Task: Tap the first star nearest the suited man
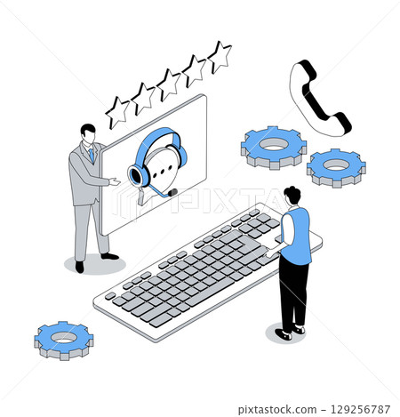[x=116, y=111]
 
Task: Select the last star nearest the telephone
[x=218, y=56]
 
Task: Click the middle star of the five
[x=168, y=84]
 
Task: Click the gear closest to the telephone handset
[x=336, y=165]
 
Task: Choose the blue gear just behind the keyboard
[x=273, y=145]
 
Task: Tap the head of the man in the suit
[x=87, y=133]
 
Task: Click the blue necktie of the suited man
[x=91, y=156]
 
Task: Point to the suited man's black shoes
[x=93, y=261]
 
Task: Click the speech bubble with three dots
[x=163, y=164]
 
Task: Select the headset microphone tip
[x=172, y=192]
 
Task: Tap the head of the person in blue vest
[x=292, y=196]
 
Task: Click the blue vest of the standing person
[x=296, y=235]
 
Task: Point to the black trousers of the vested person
[x=292, y=293]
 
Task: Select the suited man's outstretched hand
[x=116, y=181]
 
